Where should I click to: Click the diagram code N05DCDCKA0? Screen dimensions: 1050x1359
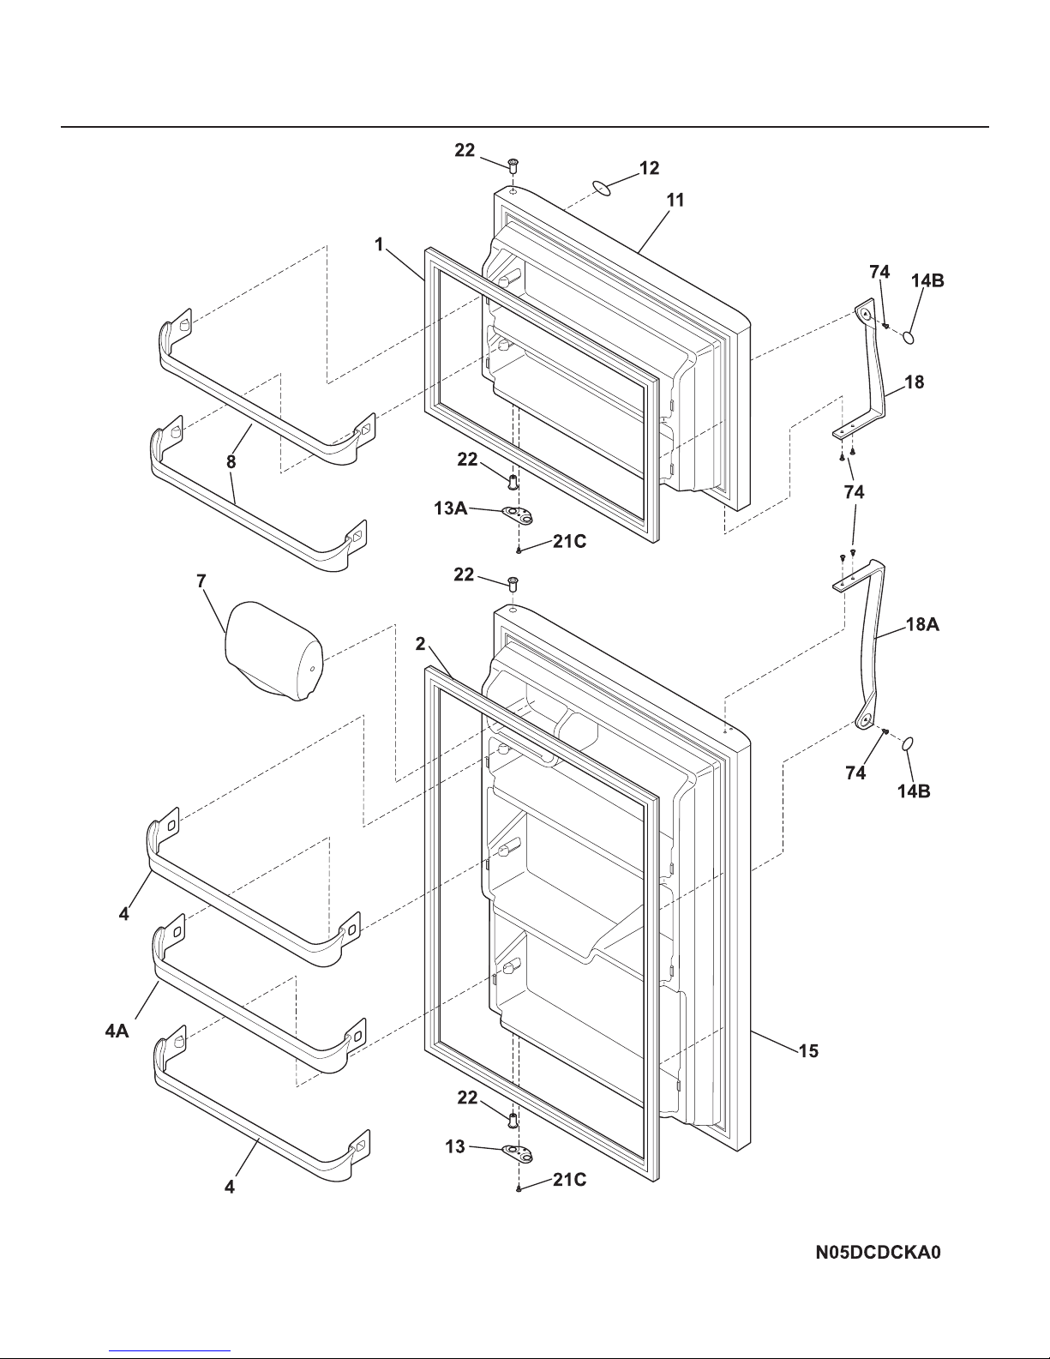pos(878,1253)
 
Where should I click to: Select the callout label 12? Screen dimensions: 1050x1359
pos(650,167)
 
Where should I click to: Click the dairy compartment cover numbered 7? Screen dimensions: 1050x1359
pos(273,651)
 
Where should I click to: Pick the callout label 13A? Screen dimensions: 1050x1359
pos(451,508)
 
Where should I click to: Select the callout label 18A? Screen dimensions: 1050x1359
pos(922,624)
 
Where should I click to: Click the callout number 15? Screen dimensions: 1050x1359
pos(808,1050)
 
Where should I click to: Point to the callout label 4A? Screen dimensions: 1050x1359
pos(117,1031)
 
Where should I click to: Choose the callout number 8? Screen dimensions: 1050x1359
pos(231,462)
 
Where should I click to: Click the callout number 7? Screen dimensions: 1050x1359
pos(201,581)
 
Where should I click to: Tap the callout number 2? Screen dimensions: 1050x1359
pos(421,644)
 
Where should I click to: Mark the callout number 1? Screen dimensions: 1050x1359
pos(379,244)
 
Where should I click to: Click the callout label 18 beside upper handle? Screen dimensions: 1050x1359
pos(915,382)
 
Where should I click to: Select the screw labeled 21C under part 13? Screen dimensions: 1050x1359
pos(519,1188)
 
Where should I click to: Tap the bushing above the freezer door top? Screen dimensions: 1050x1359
pos(513,165)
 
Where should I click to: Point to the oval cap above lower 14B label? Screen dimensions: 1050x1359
pos(908,743)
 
